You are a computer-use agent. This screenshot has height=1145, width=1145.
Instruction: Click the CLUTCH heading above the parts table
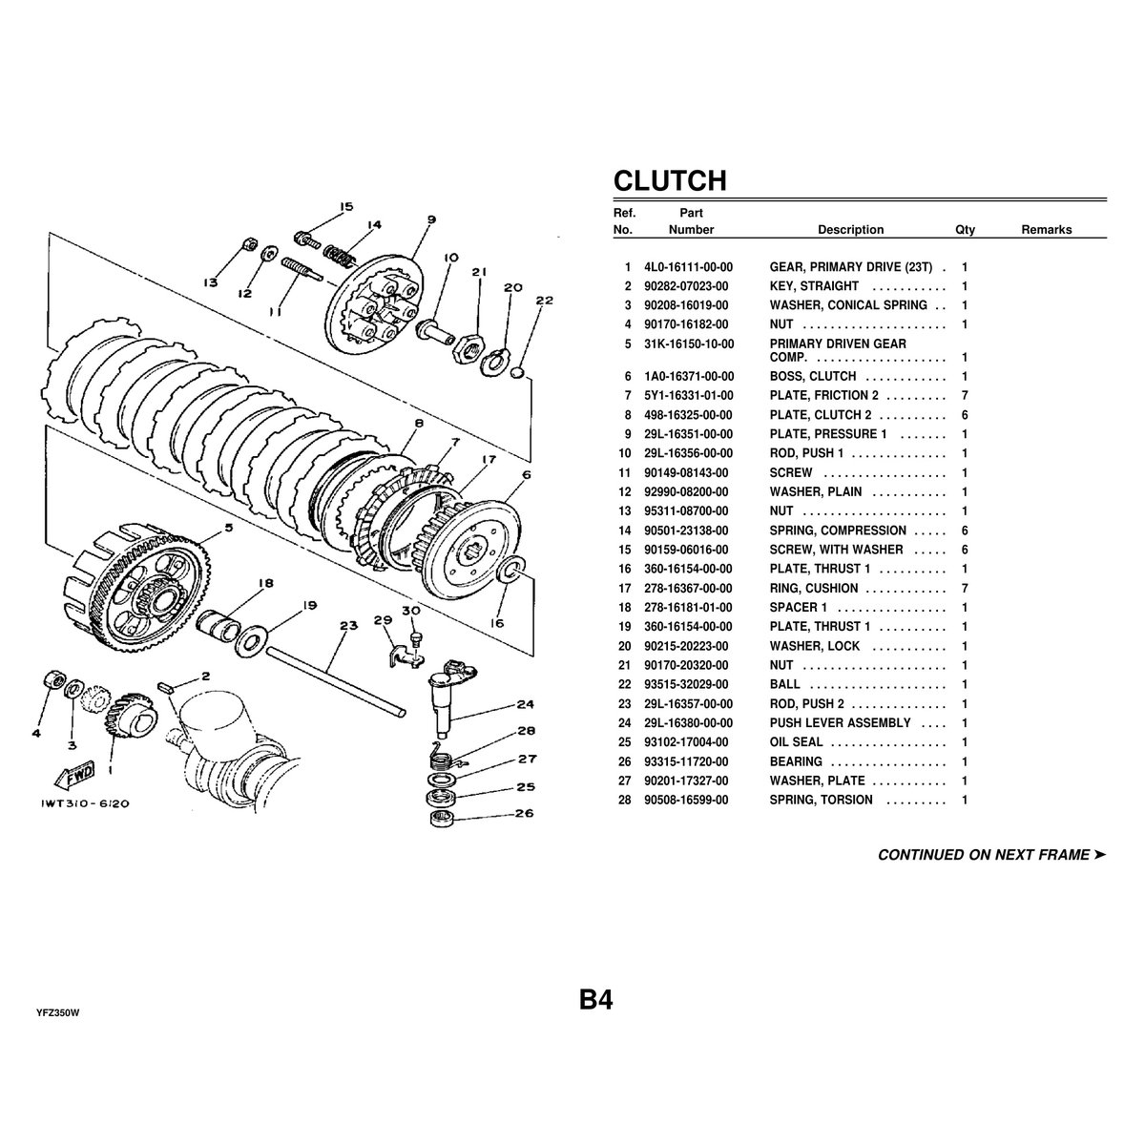point(669,180)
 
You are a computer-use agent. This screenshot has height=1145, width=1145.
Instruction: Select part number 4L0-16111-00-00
point(688,267)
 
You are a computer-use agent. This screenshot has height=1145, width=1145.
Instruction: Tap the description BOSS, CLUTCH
point(812,376)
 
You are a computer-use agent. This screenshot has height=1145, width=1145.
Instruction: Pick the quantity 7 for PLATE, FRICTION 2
point(965,395)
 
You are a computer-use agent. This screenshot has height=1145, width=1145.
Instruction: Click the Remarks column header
point(1046,230)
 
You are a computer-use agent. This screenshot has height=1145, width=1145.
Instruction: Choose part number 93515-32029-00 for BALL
point(685,684)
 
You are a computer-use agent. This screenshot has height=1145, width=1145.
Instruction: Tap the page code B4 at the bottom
point(594,1000)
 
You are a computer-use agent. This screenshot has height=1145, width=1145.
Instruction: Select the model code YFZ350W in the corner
point(57,1012)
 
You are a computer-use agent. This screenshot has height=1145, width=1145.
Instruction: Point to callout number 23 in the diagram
point(348,626)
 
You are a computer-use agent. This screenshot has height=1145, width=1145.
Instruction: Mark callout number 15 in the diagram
point(345,206)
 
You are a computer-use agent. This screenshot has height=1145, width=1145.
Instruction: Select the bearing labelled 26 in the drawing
point(442,821)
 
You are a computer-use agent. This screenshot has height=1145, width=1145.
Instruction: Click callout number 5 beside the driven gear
point(228,524)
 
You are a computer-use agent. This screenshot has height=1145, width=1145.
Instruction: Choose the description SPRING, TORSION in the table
point(821,800)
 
